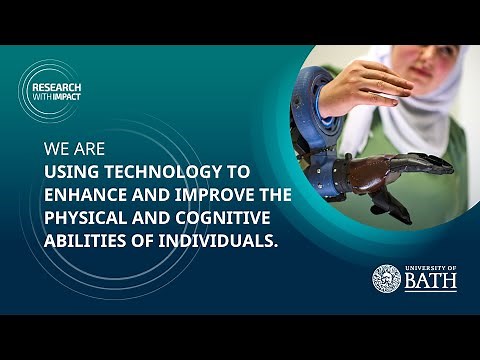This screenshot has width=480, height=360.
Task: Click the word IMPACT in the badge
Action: coord(69,101)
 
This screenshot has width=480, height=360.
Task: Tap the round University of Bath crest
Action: coord(386,279)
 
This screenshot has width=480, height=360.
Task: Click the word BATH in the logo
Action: coord(431,283)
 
